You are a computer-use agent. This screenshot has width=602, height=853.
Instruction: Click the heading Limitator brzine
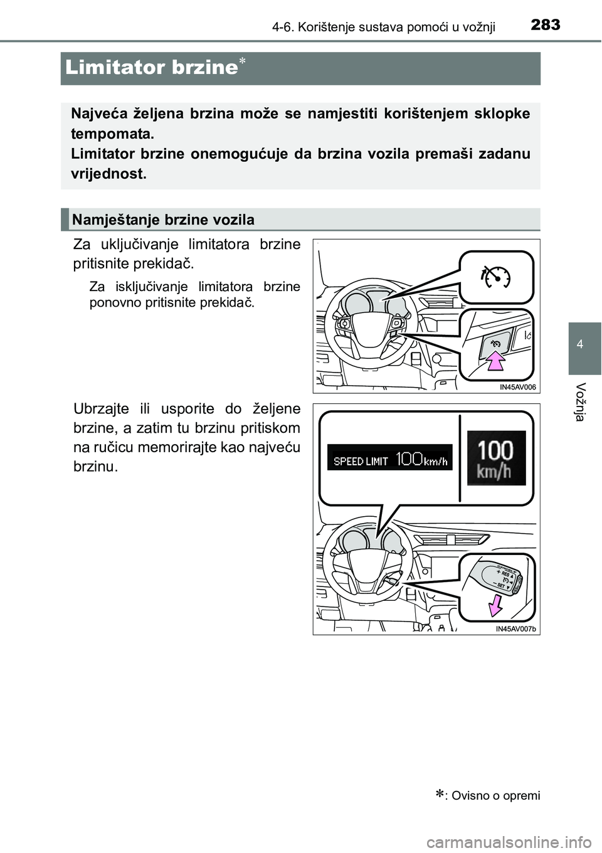pyautogui.click(x=150, y=68)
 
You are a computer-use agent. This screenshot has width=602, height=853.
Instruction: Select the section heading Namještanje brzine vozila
pyautogui.click(x=163, y=220)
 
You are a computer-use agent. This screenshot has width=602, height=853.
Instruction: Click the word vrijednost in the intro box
pyautogui.click(x=108, y=174)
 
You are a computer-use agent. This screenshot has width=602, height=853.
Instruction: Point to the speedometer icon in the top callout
pyautogui.click(x=495, y=276)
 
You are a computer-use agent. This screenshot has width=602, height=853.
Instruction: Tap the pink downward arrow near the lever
pyautogui.click(x=495, y=606)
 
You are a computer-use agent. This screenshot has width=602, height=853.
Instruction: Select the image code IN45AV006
pyautogui.click(x=518, y=388)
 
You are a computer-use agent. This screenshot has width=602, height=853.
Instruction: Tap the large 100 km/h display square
pyautogui.click(x=496, y=458)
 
